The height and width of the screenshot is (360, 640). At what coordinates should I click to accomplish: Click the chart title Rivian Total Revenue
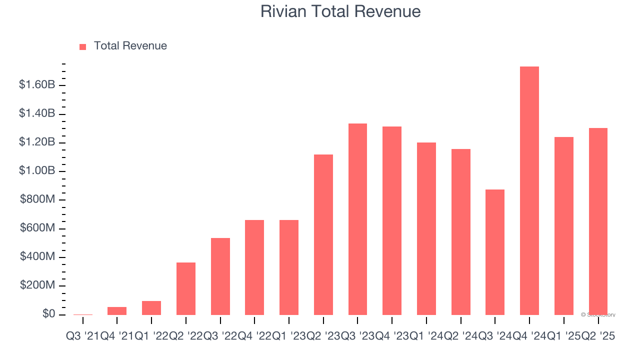coord(340,11)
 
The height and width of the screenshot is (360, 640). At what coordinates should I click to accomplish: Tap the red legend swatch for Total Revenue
coord(83,46)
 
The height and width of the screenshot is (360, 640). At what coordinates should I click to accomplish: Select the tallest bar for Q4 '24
coord(529,190)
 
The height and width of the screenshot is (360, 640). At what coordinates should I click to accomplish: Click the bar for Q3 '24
coord(495,252)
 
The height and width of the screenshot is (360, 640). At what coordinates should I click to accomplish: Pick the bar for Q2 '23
coord(323,234)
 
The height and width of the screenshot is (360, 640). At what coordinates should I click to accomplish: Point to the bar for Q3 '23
coord(357,219)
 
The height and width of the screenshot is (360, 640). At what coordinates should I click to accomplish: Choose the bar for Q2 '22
coord(186,288)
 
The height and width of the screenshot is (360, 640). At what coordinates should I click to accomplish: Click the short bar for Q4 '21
coord(117,311)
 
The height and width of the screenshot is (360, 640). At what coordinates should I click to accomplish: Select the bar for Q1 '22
coord(151,308)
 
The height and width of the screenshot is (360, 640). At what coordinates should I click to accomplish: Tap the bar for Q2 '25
coord(598,221)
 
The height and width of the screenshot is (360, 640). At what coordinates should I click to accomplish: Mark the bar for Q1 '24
coord(426,228)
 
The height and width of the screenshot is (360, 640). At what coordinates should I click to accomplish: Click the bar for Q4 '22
coord(254,267)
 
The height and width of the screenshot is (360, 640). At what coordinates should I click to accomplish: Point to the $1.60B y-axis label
coord(37,85)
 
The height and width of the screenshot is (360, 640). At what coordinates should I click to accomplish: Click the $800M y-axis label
coord(37,200)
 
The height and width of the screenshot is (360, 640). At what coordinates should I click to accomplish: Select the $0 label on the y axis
coord(49,314)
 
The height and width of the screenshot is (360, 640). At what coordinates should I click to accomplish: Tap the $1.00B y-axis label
coord(37,171)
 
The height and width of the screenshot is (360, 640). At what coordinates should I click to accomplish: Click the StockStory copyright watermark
coord(598,315)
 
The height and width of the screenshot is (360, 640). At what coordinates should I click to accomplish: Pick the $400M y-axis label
coord(37,257)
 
